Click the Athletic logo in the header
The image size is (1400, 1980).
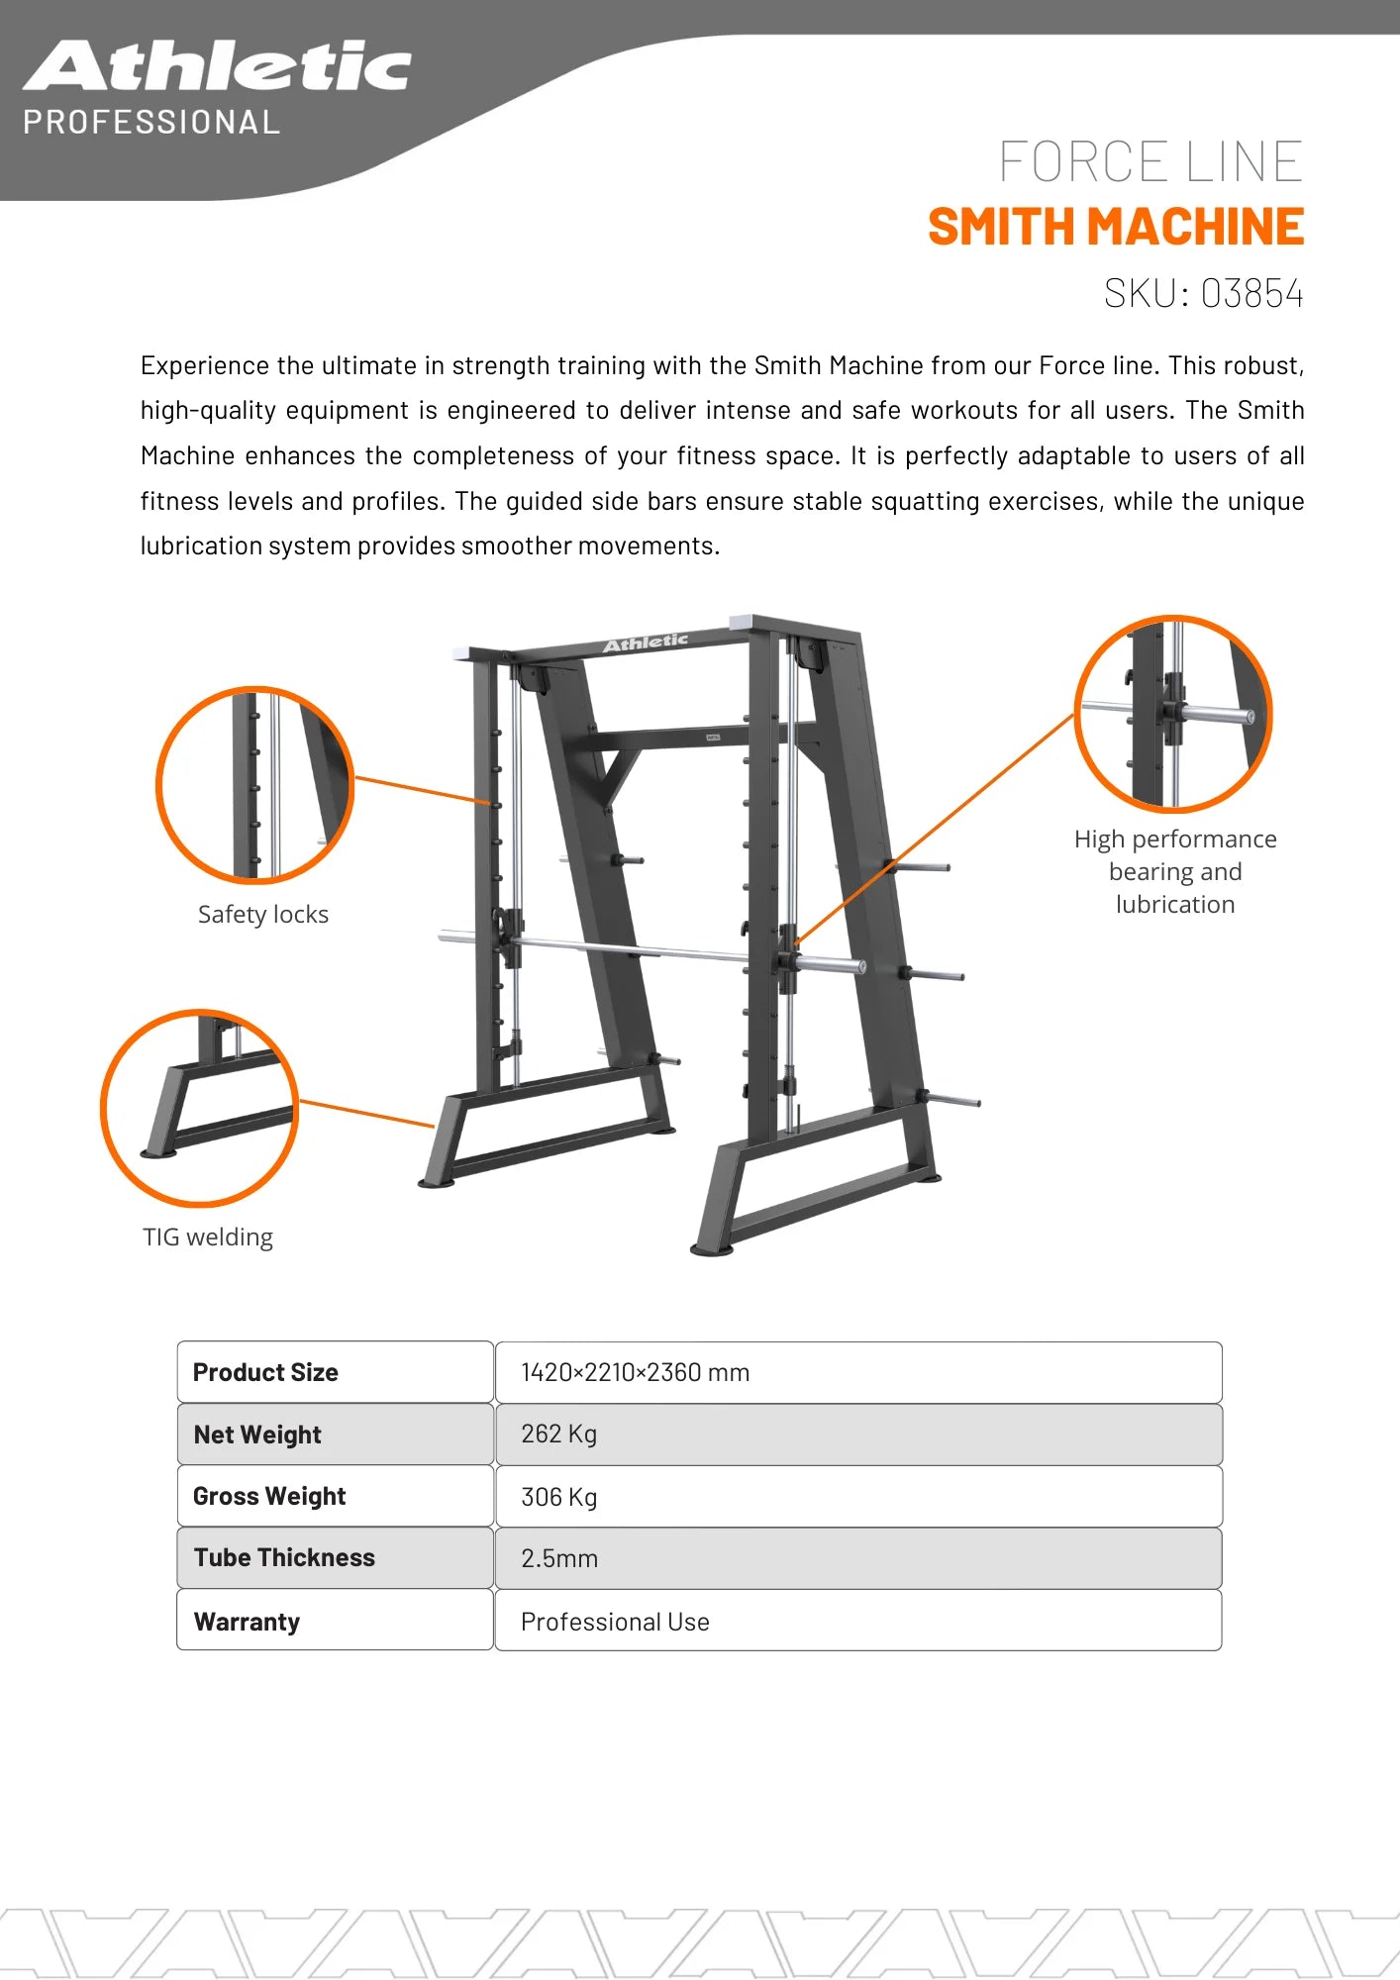pyautogui.click(x=217, y=67)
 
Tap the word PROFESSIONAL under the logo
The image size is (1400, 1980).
pyautogui.click(x=151, y=123)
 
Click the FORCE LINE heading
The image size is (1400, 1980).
pyautogui.click(x=1150, y=162)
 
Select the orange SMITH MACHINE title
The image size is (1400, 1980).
pyautogui.click(x=1116, y=227)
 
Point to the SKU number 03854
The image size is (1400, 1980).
pyautogui.click(x=1251, y=294)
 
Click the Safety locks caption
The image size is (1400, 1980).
pyautogui.click(x=262, y=915)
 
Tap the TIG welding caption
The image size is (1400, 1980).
pyautogui.click(x=208, y=1237)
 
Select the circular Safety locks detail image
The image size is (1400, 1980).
pyautogui.click(x=254, y=784)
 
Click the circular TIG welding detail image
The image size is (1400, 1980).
pyautogui.click(x=199, y=1108)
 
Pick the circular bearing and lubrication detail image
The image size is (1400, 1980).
pyautogui.click(x=1173, y=714)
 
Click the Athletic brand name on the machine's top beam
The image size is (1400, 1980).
pyautogui.click(x=646, y=643)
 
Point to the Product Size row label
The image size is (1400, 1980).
pyautogui.click(x=265, y=1372)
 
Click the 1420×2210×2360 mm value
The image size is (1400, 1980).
pyautogui.click(x=635, y=1372)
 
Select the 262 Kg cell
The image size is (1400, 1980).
pyautogui.click(x=558, y=1434)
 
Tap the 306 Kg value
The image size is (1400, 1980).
pyautogui.click(x=558, y=1497)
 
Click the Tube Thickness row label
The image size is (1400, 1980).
pyautogui.click(x=284, y=1557)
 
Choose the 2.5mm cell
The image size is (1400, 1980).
pyautogui.click(x=558, y=1558)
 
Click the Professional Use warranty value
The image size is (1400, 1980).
pyautogui.click(x=615, y=1622)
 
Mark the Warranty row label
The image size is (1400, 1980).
pyautogui.click(x=247, y=1622)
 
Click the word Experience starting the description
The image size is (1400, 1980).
pyautogui.click(x=205, y=366)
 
